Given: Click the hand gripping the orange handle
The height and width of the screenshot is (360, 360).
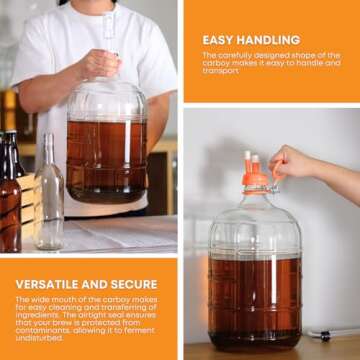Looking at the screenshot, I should tap(292, 163).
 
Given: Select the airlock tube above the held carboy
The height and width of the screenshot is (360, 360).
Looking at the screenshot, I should tap(107, 30).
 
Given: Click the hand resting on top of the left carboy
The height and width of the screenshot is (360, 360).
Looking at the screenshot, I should tap(101, 65).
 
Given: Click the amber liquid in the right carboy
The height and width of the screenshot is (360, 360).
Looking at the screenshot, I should tap(256, 295).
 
